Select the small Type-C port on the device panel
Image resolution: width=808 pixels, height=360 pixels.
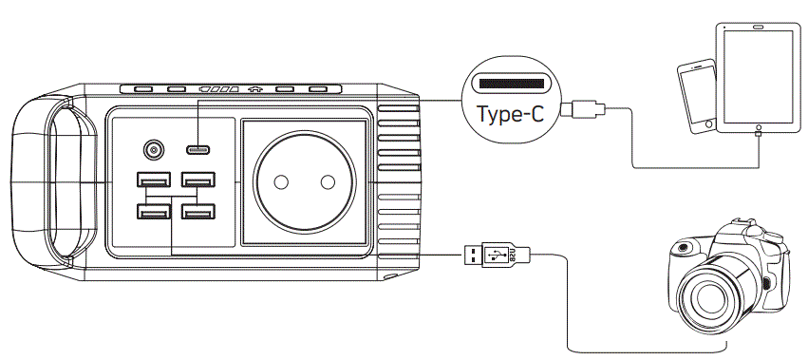(198, 149)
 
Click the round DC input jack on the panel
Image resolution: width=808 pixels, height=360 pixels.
(153, 150)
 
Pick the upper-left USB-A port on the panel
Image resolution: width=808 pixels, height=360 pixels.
(153, 180)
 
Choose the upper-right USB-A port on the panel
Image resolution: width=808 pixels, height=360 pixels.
(197, 180)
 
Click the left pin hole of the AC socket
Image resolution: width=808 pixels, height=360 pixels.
(282, 181)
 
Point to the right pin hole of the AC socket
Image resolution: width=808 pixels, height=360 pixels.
(328, 181)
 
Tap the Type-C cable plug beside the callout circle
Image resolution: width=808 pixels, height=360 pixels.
(581, 109)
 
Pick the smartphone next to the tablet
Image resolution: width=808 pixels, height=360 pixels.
(695, 95)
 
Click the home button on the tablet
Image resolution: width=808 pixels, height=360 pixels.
(757, 125)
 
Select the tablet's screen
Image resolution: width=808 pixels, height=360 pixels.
(757, 77)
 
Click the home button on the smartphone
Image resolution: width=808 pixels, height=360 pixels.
(707, 123)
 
